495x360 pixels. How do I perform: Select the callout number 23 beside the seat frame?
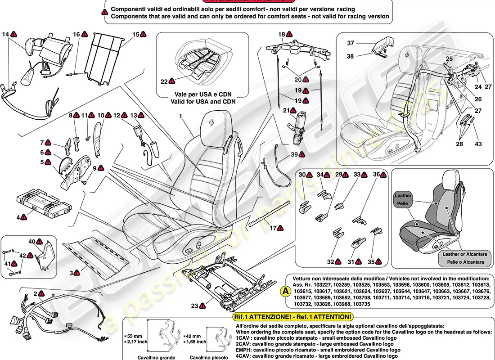point(194,306)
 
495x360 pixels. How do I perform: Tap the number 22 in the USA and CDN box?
point(163,81)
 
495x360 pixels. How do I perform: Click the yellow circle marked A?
point(285,291)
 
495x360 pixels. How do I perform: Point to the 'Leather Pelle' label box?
point(403,199)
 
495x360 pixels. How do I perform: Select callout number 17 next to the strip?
point(273,228)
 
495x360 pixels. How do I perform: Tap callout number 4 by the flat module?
point(19,217)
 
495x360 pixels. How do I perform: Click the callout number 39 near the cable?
point(294,154)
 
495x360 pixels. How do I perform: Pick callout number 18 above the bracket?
point(282,34)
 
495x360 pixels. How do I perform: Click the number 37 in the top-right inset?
point(351,43)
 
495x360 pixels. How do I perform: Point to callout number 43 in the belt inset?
point(478,144)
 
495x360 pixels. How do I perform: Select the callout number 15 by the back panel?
point(136,34)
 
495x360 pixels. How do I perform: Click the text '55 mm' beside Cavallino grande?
point(134,336)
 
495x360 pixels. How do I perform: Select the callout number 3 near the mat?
point(71,273)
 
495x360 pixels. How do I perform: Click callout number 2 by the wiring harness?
point(35,294)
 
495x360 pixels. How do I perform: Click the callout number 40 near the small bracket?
point(31,242)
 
